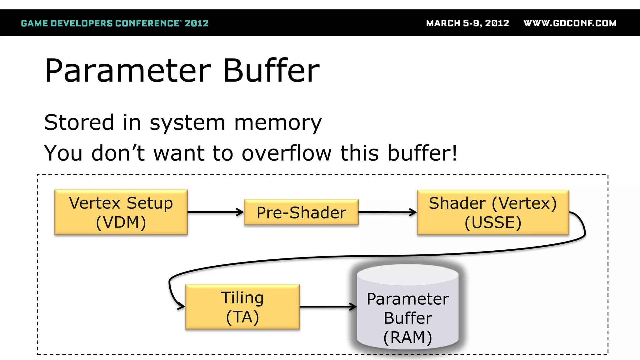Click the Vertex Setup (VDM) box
(121, 212)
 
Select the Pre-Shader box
(301, 212)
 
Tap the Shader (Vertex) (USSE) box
(493, 212)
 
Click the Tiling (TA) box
(242, 307)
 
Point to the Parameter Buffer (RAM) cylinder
(408, 308)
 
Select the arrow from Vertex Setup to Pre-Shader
(216, 212)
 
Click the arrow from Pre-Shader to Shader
(387, 212)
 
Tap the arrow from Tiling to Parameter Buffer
(328, 307)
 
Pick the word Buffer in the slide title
(271, 71)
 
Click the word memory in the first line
(278, 122)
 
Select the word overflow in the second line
(286, 153)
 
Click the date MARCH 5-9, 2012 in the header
(467, 23)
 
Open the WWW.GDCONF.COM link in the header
(570, 23)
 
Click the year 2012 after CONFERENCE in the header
(196, 23)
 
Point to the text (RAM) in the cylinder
(408, 337)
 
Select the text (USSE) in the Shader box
(493, 222)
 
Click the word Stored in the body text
(79, 122)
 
